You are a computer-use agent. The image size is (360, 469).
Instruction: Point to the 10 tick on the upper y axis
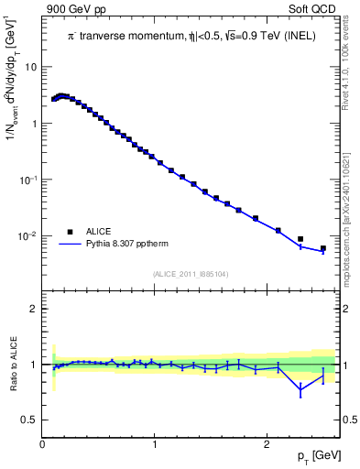(x=32, y=68)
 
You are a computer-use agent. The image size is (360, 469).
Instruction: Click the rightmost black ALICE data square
(x=322, y=248)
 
